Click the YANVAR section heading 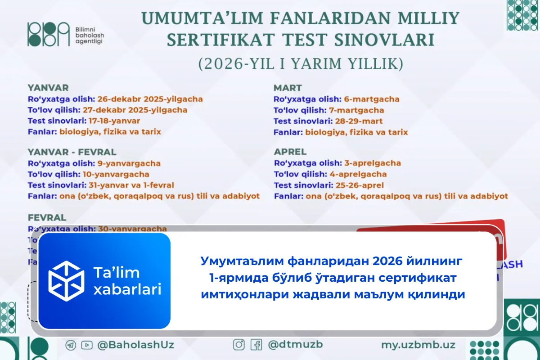(x=48, y=88)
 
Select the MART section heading (x=288, y=88)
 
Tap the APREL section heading (x=290, y=152)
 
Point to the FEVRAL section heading (x=47, y=217)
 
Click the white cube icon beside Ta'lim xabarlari (x=67, y=281)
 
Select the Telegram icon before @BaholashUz (x=71, y=345)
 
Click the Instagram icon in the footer (x=239, y=345)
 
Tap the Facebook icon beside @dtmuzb (x=256, y=345)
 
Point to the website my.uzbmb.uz (x=418, y=345)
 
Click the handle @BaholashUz (x=135, y=345)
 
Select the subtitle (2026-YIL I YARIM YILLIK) (x=301, y=64)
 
